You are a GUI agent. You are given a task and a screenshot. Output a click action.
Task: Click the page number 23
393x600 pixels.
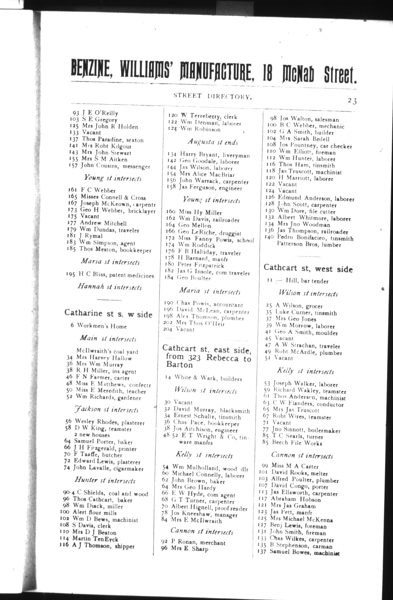(352, 101)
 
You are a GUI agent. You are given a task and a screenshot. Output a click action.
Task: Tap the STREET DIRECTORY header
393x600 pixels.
(212, 96)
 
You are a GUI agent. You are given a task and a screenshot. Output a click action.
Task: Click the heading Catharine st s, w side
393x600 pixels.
(108, 314)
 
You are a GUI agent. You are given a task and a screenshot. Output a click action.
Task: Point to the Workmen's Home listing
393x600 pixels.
(99, 326)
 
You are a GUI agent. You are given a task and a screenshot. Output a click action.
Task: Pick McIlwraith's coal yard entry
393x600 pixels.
(107, 351)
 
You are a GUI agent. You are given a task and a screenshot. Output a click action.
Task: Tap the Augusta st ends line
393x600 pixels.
(213, 142)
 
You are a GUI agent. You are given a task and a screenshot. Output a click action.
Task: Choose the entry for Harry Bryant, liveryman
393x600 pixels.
(209, 155)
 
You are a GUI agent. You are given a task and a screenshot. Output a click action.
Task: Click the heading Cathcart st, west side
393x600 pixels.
(308, 269)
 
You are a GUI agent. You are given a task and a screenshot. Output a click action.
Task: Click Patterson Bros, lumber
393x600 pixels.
(309, 245)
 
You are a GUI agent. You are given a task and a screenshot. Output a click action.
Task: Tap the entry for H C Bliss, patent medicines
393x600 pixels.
(110, 275)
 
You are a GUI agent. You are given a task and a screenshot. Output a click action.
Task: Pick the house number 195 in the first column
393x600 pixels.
(71, 275)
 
